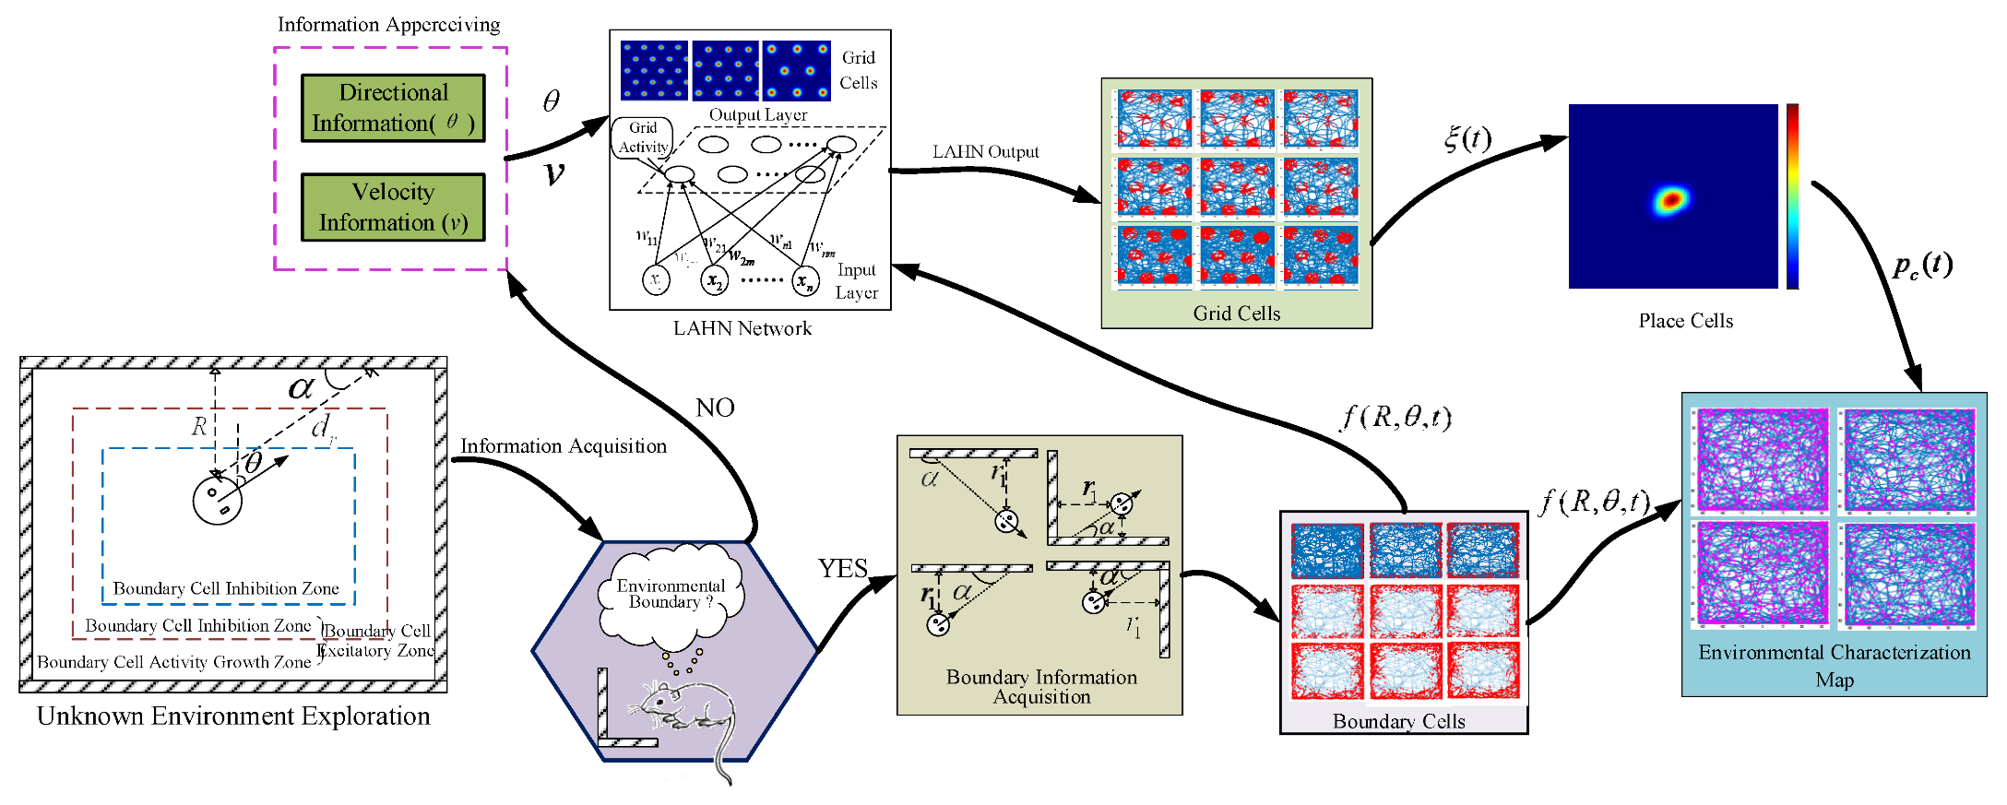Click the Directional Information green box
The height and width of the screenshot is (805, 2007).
point(393,108)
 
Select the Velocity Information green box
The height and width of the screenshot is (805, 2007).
point(393,207)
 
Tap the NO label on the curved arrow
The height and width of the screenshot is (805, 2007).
point(715,408)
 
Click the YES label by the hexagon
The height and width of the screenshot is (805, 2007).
point(843,568)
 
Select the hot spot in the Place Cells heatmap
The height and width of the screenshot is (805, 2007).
point(1670,200)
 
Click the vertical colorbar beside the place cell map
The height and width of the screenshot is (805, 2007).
point(1792,196)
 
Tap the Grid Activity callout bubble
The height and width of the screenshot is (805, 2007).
point(643,137)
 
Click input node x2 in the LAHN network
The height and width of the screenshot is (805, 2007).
point(715,281)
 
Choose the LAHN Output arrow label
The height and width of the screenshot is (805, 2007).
point(985,152)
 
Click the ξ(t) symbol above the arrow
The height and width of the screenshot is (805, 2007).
point(1467,138)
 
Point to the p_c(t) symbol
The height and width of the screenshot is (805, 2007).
point(1922,266)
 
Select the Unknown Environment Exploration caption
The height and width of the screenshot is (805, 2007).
point(233,716)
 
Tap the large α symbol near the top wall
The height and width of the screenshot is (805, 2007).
point(301,387)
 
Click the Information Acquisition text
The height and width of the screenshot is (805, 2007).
point(564,446)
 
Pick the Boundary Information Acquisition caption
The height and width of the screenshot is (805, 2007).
point(1041,687)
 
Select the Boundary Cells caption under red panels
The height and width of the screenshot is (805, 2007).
point(1398,722)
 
